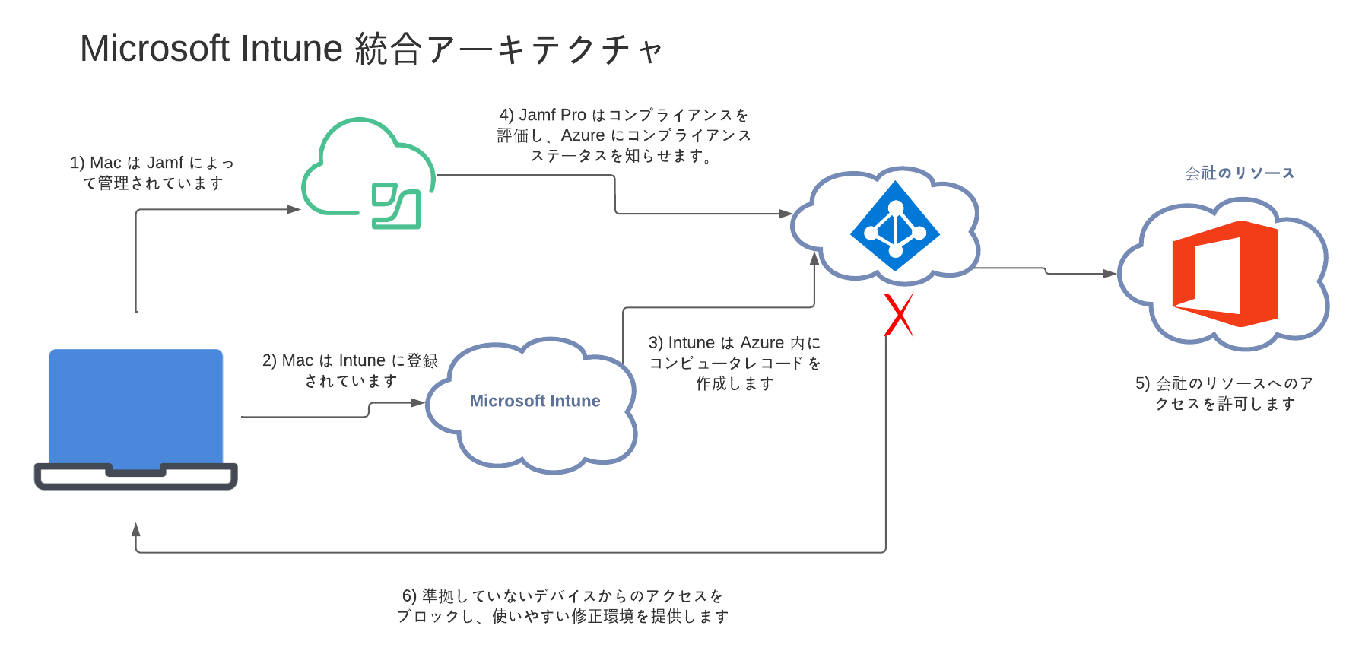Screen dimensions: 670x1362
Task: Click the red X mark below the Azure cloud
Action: (x=899, y=315)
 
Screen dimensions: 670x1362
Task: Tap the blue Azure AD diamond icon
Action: (x=895, y=226)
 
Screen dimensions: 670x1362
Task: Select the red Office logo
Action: (x=1224, y=274)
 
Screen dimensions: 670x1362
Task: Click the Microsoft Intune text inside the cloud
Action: (x=535, y=401)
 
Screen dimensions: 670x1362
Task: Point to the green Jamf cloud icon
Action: (x=368, y=174)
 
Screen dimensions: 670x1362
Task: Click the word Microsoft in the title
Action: (x=154, y=49)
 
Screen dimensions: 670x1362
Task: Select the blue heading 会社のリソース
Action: (x=1239, y=173)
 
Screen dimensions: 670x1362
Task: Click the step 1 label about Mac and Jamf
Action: (x=152, y=173)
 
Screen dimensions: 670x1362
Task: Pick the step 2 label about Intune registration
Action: (x=351, y=370)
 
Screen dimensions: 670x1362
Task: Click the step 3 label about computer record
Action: (x=735, y=363)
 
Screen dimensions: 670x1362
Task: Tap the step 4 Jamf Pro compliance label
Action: (x=624, y=135)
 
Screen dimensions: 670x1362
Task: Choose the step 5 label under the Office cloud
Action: (x=1224, y=393)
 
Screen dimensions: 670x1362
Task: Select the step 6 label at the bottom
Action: (x=562, y=605)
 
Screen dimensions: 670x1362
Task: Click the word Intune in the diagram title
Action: (x=292, y=49)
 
